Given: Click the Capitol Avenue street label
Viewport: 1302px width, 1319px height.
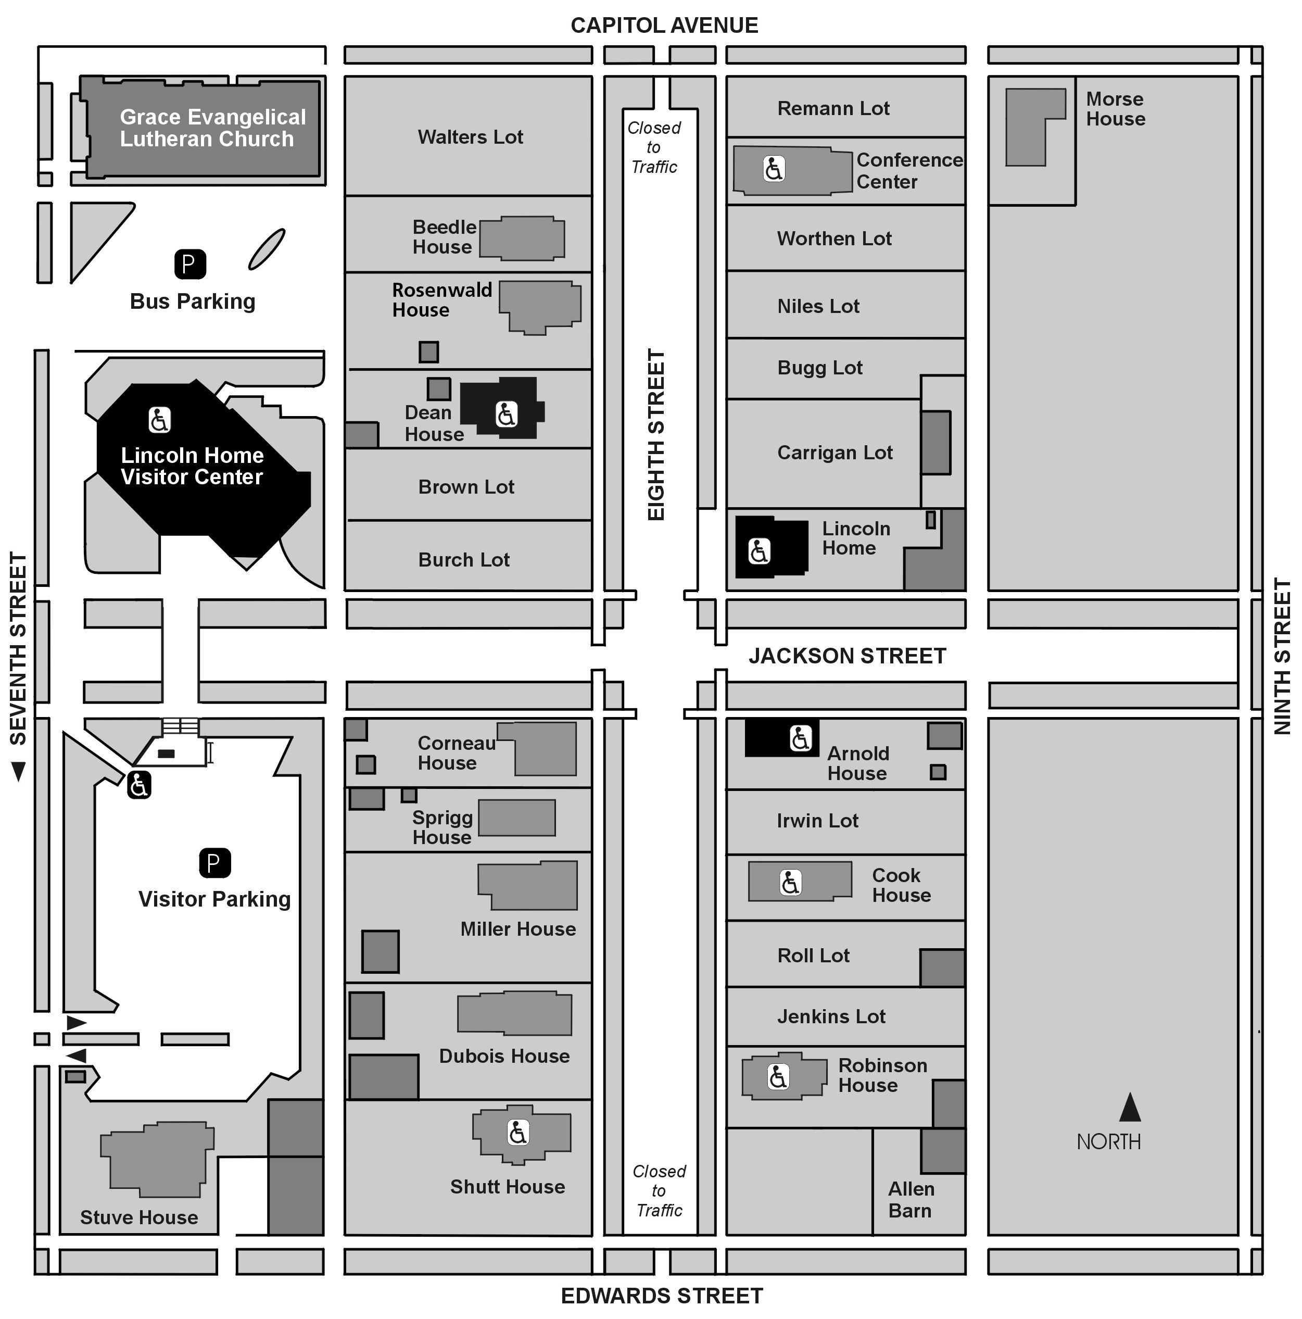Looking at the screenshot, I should [663, 26].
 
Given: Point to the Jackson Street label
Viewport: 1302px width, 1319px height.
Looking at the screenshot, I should [847, 656].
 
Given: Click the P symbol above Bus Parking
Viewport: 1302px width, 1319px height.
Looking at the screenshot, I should [189, 264].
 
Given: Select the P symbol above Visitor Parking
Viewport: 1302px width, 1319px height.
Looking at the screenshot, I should [214, 863].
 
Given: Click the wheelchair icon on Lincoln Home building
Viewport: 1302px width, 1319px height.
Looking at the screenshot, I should [759, 551].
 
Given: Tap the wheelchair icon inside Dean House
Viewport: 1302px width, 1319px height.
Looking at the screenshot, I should [505, 414].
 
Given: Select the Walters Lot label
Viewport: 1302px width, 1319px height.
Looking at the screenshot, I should [470, 137].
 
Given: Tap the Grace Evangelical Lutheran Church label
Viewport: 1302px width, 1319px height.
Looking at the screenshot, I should [212, 128].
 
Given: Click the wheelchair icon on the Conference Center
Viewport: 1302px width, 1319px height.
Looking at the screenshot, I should [773, 168].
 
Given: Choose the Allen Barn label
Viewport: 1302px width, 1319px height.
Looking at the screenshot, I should [911, 1200].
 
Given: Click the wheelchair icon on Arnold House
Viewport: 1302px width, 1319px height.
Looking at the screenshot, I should [800, 738].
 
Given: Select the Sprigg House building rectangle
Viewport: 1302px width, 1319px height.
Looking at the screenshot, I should [516, 817].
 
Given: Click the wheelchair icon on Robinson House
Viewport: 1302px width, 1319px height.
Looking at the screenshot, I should [777, 1077].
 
